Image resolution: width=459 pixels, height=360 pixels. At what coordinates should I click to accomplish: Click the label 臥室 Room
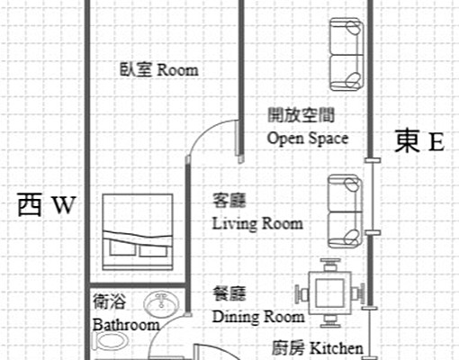click(x=158, y=69)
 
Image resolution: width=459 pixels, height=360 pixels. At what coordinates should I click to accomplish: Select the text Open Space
click(x=308, y=139)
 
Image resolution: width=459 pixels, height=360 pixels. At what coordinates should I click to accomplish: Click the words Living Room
click(x=257, y=223)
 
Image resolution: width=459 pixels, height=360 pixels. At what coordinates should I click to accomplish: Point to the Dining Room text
click(x=258, y=317)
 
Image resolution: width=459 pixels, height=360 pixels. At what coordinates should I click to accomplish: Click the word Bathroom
click(x=125, y=325)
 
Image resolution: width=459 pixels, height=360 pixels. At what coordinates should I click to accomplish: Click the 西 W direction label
click(x=45, y=206)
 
